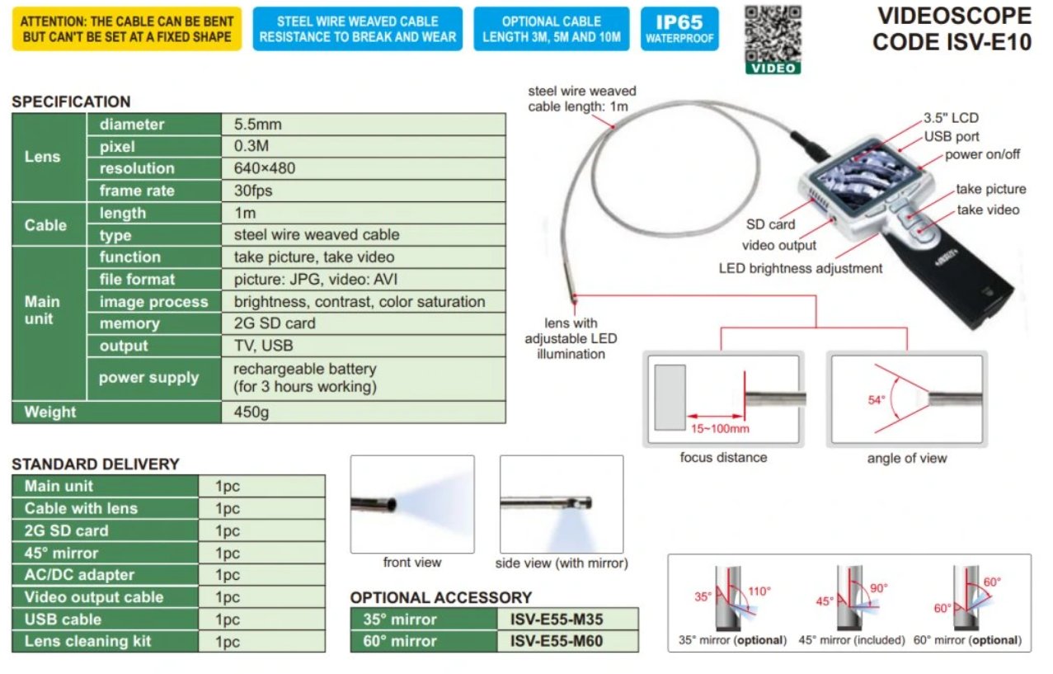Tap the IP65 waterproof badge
(x=679, y=29)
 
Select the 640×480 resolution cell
(x=264, y=168)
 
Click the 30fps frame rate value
(x=253, y=191)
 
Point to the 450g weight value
(x=251, y=412)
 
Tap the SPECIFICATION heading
(x=71, y=101)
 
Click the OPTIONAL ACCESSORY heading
(x=441, y=597)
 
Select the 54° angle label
(x=876, y=400)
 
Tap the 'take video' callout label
(x=988, y=210)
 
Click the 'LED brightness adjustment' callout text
(x=801, y=268)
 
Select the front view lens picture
(x=411, y=503)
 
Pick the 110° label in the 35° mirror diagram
(x=759, y=591)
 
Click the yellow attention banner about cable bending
(x=127, y=29)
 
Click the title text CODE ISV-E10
(x=952, y=42)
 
